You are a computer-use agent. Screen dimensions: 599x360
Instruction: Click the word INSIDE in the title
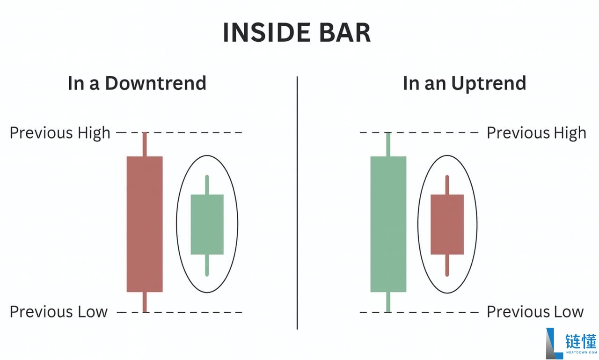[267, 33]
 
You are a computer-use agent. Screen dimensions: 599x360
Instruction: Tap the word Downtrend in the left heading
[156, 83]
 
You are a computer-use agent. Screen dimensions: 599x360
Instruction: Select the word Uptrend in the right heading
[489, 84]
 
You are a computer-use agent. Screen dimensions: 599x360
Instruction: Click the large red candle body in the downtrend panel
[145, 224]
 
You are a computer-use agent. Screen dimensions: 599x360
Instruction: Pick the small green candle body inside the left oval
[207, 224]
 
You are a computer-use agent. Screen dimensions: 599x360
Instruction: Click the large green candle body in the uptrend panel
[388, 224]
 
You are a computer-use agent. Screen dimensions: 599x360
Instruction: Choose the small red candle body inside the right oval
[447, 224]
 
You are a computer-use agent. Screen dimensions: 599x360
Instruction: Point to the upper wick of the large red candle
[145, 145]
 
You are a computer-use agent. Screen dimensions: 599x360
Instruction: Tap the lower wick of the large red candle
[145, 302]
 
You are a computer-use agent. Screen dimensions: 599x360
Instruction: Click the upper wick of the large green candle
[388, 145]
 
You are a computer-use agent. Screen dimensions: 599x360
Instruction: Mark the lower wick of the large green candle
[388, 302]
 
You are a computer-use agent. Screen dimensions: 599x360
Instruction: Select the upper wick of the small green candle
[207, 185]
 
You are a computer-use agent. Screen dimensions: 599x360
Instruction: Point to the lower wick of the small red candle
[447, 265]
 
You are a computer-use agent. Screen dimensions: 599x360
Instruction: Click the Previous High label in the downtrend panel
[60, 133]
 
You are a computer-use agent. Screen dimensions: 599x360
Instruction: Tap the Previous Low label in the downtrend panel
[58, 312]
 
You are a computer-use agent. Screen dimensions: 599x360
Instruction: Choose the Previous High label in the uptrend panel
[536, 133]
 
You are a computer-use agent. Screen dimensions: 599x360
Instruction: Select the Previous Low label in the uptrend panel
[535, 312]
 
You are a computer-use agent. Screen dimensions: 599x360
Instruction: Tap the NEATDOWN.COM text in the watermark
[581, 352]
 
